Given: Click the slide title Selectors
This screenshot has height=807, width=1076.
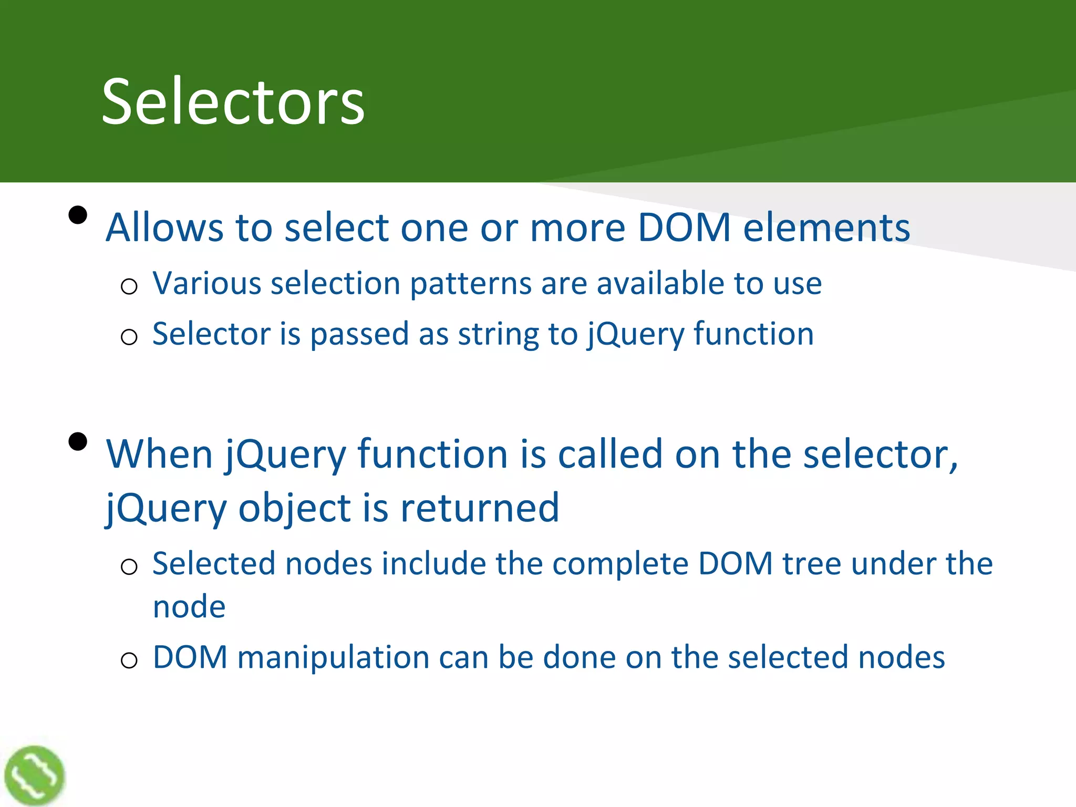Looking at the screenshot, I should [233, 101].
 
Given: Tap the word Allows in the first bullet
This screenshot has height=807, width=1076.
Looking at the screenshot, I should [165, 227].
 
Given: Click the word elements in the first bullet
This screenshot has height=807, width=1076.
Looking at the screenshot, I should [826, 227].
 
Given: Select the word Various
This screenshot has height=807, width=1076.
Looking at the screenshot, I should [207, 284].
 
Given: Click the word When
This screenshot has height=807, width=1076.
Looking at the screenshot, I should [159, 454].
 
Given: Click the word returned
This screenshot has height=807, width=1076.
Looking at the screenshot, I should [479, 508].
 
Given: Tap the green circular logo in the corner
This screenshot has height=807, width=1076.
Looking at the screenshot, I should [34, 775].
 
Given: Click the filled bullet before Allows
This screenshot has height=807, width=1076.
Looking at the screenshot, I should [78, 215].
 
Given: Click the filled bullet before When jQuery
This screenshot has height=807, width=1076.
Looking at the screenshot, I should [78, 441].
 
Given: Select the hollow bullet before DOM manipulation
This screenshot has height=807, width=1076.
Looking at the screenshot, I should [129, 660].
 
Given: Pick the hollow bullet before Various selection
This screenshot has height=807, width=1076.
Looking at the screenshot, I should [129, 287].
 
